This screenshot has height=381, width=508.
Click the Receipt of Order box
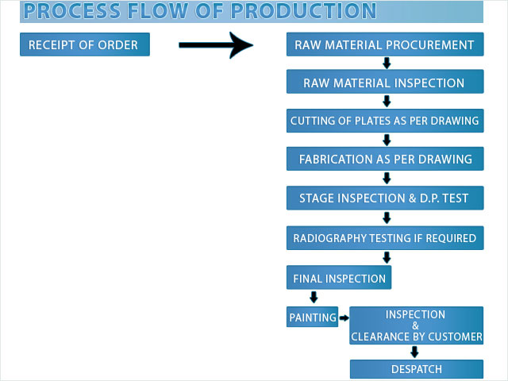[85, 44]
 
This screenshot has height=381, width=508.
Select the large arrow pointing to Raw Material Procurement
[216, 45]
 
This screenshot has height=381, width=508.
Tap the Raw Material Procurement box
[385, 44]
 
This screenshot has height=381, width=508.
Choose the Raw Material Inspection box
[385, 82]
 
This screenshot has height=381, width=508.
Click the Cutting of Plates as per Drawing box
[385, 121]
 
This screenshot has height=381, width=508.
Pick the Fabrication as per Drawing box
[385, 159]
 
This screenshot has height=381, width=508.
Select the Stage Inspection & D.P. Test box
[385, 198]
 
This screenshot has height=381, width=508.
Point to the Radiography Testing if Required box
[385, 238]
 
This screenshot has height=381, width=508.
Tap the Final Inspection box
[339, 278]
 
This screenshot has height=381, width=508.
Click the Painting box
[312, 317]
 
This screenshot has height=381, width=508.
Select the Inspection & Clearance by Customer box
[416, 325]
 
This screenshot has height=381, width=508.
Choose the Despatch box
[417, 369]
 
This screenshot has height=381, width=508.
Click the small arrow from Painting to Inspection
[344, 317]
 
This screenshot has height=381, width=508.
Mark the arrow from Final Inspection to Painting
[314, 297]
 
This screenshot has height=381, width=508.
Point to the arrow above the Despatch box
[414, 352]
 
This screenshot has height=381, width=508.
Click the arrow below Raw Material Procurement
[387, 63]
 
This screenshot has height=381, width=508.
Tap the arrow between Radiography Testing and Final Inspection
[387, 257]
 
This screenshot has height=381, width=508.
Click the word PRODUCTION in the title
[303, 10]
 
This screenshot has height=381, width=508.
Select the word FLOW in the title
[157, 10]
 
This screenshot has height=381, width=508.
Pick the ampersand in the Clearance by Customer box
[415, 325]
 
